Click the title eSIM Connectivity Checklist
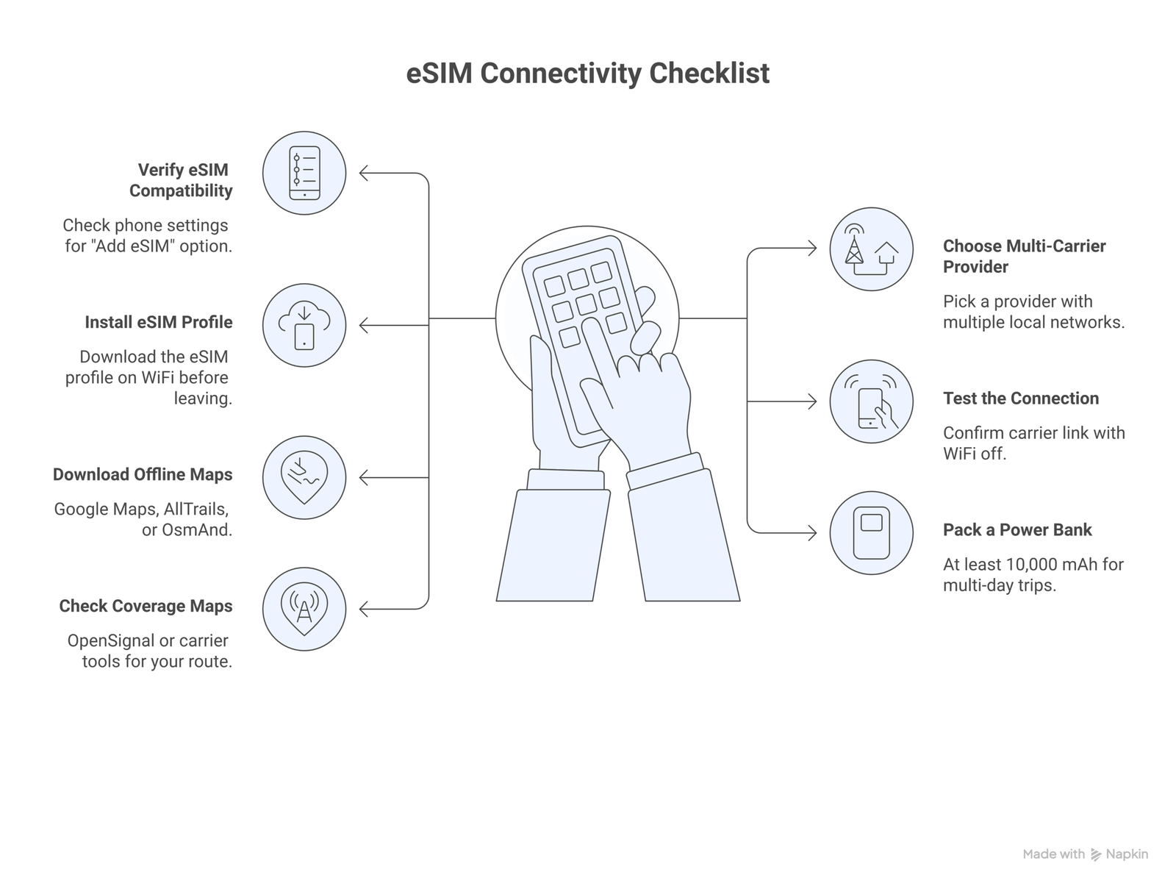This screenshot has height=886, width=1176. (x=587, y=74)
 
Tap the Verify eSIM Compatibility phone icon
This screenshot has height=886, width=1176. (x=304, y=174)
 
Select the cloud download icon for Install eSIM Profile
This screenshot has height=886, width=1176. (x=304, y=326)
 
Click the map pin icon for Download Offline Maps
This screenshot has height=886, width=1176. (x=304, y=478)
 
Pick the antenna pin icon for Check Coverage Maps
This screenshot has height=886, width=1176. (x=304, y=609)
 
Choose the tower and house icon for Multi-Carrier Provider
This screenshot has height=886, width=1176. (x=871, y=249)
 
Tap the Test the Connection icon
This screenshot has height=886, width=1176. (x=871, y=401)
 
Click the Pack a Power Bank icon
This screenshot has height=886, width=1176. (x=871, y=533)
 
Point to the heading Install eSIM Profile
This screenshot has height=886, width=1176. (x=158, y=322)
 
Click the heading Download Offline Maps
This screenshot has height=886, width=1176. (x=143, y=474)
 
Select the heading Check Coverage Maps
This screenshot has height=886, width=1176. (x=146, y=606)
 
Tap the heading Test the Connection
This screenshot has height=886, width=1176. (x=1021, y=399)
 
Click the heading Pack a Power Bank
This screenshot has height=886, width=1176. (x=1017, y=530)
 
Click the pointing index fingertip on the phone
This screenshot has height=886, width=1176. (x=589, y=326)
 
